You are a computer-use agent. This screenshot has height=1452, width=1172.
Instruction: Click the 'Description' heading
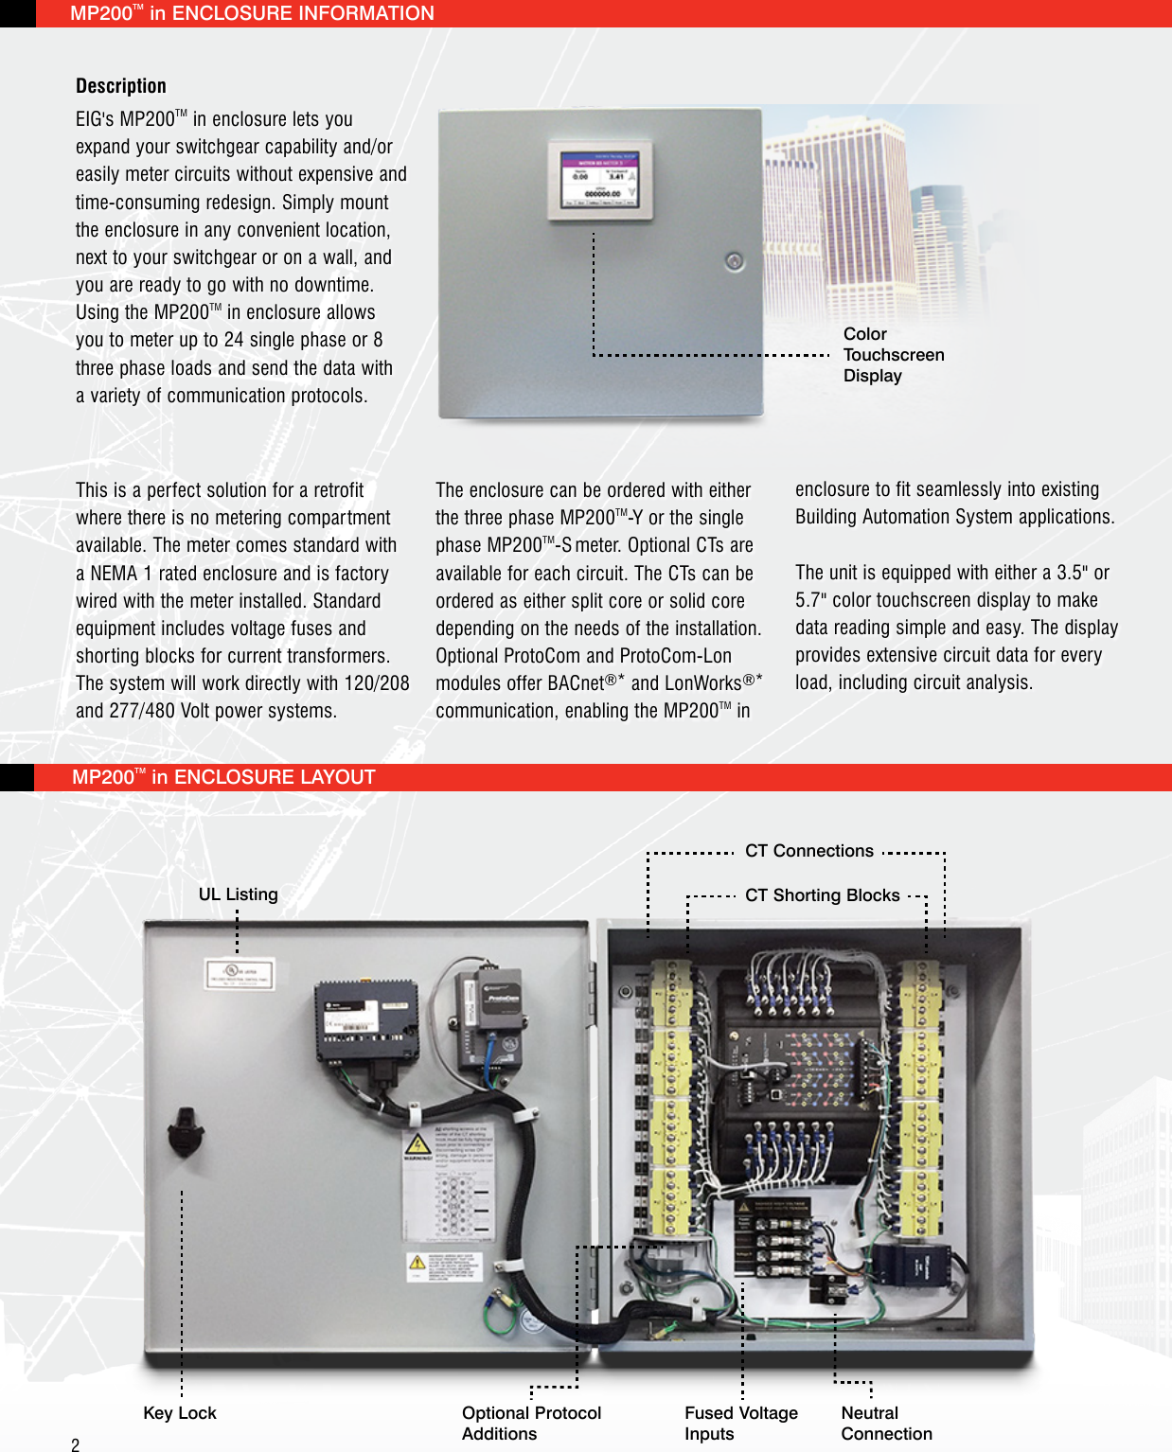point(121,86)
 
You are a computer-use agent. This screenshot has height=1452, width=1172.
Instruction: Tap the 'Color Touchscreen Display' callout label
point(893,355)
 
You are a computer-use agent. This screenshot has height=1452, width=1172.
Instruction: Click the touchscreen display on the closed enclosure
point(600,178)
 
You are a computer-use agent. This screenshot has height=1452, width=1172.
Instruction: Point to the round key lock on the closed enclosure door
point(735,261)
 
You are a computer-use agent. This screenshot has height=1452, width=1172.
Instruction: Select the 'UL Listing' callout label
point(238,894)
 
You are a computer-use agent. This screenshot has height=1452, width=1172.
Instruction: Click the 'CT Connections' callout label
point(808,851)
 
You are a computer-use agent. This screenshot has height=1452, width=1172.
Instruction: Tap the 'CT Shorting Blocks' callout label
point(822,895)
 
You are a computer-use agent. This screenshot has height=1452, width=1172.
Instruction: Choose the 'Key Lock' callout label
point(180,1413)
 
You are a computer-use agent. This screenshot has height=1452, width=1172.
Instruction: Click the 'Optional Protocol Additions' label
point(531,1423)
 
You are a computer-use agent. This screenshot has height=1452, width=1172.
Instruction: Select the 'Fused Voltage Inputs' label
point(740,1423)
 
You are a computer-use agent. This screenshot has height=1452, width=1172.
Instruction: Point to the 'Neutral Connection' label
point(886,1423)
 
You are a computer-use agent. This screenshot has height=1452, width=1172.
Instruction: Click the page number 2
point(76,1444)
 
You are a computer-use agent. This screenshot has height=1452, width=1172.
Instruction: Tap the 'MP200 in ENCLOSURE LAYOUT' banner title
point(223,777)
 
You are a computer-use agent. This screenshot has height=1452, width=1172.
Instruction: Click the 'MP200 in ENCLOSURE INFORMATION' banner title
point(252,13)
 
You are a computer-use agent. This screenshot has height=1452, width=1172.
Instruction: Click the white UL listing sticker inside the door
point(240,975)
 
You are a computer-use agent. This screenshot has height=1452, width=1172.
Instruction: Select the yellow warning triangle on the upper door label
point(417,1143)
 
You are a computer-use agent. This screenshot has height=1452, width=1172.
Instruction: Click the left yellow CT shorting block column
point(671,1098)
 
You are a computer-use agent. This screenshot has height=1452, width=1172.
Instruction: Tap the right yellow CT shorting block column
point(919,1098)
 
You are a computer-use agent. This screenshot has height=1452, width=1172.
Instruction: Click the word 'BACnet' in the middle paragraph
point(576,683)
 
